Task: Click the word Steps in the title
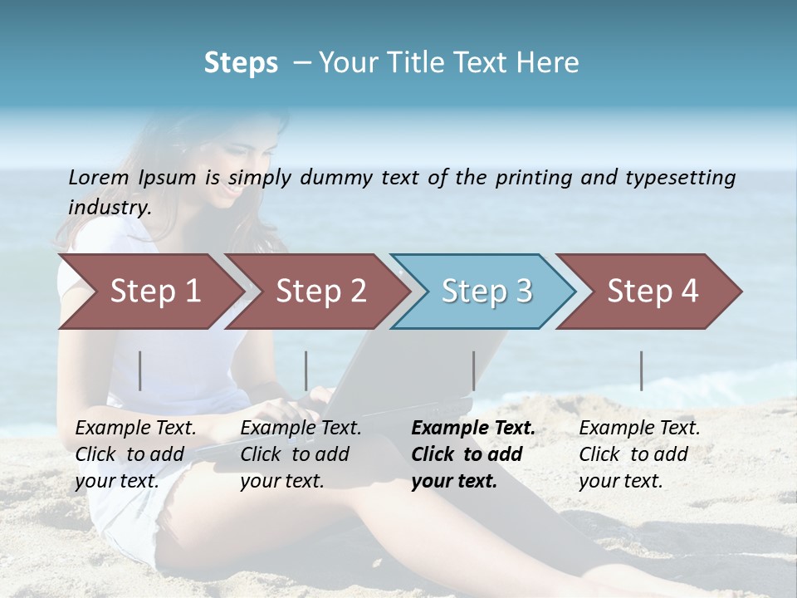click(x=241, y=63)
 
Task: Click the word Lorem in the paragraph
click(x=99, y=177)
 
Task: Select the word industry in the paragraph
click(x=109, y=207)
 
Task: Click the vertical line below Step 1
click(x=140, y=370)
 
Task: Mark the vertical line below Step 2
click(x=306, y=370)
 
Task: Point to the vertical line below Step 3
click(x=474, y=370)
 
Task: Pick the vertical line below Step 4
click(x=642, y=370)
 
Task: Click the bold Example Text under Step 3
click(x=472, y=429)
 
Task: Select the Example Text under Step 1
click(x=135, y=429)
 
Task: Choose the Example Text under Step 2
click(x=301, y=429)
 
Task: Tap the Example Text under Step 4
click(x=639, y=429)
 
